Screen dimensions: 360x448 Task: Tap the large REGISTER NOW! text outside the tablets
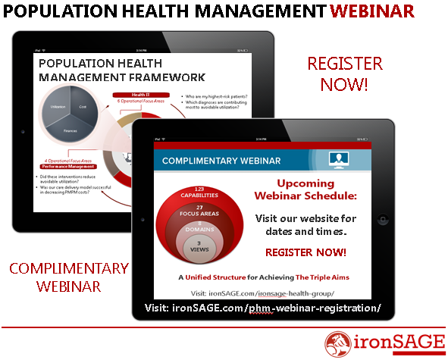(344, 73)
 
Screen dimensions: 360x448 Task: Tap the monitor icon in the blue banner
(338, 160)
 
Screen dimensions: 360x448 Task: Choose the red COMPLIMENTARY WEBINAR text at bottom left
(60, 277)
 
